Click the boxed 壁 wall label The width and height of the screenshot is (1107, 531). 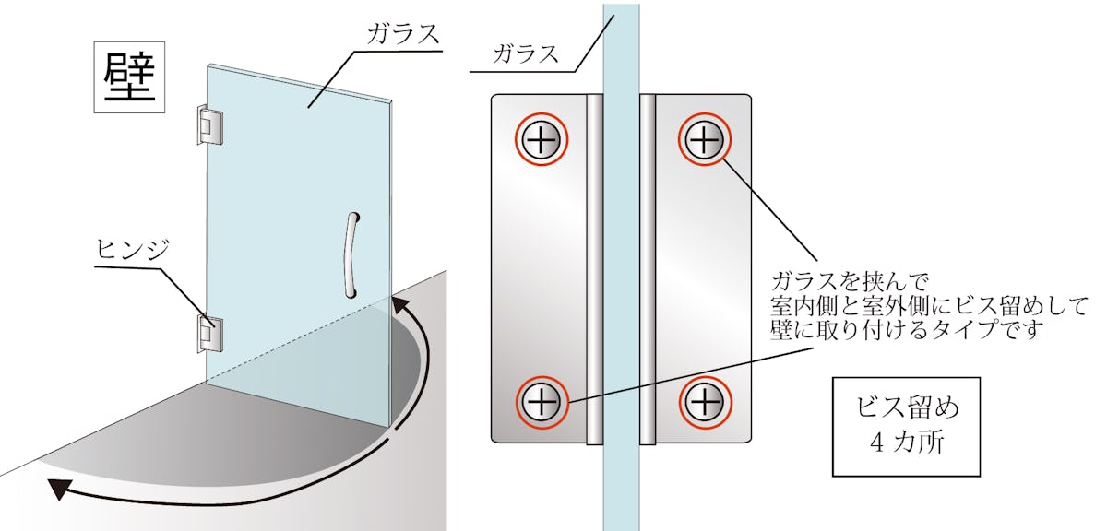coord(129,77)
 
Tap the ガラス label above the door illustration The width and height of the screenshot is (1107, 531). coord(403,34)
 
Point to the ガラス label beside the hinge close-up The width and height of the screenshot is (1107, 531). coord(526,53)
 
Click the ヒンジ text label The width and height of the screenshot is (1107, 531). coord(133,249)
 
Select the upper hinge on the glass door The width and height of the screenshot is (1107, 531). coord(209,124)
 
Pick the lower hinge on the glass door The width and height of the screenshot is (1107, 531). coord(209,334)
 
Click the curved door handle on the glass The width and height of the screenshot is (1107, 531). coord(351,255)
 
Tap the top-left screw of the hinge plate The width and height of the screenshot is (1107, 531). coord(542,139)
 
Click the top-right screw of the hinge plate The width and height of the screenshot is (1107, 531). coord(704,139)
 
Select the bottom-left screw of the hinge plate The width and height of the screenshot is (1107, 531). coord(542,402)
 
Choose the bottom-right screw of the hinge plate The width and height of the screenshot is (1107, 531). coord(705,402)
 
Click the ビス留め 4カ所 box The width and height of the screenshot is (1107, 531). coord(906,427)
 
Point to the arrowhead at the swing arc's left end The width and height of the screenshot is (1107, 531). coord(59,488)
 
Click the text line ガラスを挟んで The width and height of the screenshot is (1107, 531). coord(850,282)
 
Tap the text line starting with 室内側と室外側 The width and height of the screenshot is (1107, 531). coord(929,306)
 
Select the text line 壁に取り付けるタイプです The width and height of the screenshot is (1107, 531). coord(907,330)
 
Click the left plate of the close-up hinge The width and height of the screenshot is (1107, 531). coord(546,268)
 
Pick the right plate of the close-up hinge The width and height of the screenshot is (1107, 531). coord(696,268)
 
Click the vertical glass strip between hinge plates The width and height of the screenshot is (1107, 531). coord(621,266)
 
